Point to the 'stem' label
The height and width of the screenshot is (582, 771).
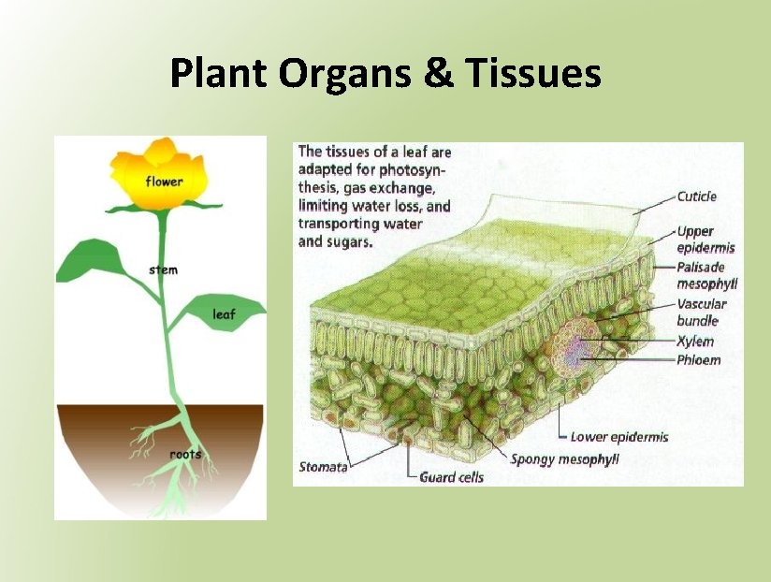(x=163, y=270)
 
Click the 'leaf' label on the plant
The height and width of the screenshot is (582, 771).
(x=224, y=315)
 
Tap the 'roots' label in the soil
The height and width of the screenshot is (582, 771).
(x=185, y=455)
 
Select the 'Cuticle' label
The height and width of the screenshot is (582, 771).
(x=696, y=196)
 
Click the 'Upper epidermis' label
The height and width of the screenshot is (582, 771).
(x=706, y=240)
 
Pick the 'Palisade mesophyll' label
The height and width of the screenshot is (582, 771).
(x=706, y=275)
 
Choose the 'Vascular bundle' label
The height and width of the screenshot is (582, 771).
(x=701, y=313)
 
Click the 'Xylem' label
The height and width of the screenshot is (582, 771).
(x=694, y=342)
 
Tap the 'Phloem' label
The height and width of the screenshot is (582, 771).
(x=698, y=360)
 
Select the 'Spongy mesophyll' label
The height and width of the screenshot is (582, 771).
(x=564, y=459)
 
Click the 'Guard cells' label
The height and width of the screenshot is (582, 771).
(x=451, y=477)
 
